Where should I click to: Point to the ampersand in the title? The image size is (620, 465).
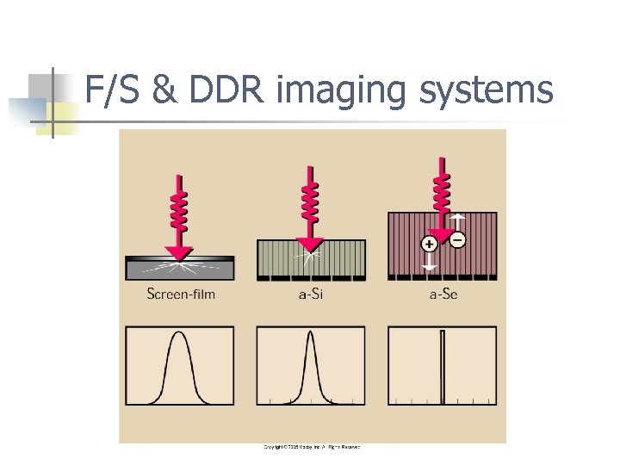(159, 89)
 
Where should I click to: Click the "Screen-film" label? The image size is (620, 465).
(181, 294)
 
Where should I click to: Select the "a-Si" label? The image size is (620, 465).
(311, 294)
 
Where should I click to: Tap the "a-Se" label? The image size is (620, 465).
(443, 294)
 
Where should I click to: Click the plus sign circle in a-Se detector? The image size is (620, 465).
(429, 244)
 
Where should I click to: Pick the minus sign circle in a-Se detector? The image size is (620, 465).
(457, 239)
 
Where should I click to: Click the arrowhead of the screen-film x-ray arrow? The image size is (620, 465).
(180, 251)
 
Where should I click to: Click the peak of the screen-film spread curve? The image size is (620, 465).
(179, 336)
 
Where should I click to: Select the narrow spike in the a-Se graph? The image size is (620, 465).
(443, 366)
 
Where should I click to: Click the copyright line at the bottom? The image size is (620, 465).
(311, 447)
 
